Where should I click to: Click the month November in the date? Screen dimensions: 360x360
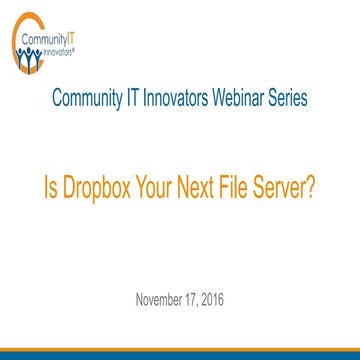pyautogui.click(x=158, y=298)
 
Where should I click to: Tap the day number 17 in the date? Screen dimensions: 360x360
pyautogui.click(x=198, y=298)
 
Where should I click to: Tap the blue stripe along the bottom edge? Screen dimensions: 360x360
pyautogui.click(x=180, y=355)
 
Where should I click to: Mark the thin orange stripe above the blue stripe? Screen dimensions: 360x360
pyautogui.click(x=180, y=348)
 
